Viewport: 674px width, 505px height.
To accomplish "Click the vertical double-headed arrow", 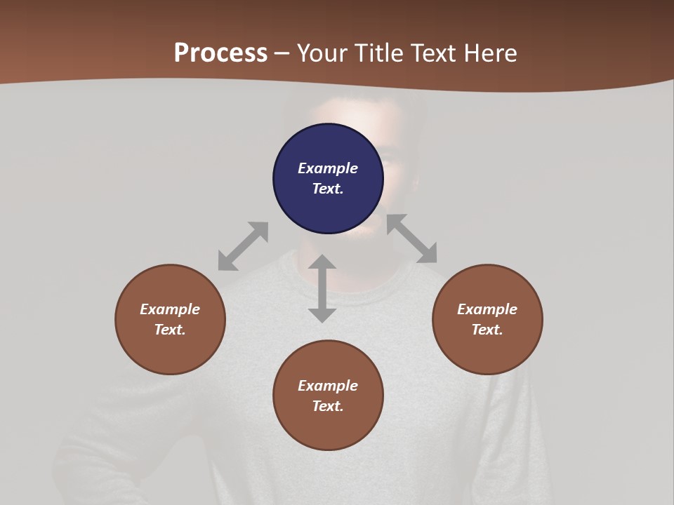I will click(x=322, y=288).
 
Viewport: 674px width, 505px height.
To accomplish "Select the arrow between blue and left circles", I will click(x=243, y=246).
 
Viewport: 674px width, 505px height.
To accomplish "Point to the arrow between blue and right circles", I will click(x=411, y=238).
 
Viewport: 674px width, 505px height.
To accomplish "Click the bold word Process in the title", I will click(x=220, y=53).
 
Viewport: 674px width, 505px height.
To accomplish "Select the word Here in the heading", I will click(x=491, y=53).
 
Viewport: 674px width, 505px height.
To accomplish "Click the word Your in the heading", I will click(x=322, y=53).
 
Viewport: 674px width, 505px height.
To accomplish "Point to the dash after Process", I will click(x=282, y=54).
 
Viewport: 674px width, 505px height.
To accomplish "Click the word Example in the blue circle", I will click(x=328, y=168).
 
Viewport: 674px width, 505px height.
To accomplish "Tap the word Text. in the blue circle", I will click(x=328, y=189).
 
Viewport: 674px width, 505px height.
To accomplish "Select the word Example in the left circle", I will click(x=170, y=309).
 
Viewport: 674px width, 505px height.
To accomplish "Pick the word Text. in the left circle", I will click(x=170, y=330).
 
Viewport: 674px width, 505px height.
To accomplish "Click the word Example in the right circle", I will click(x=487, y=309).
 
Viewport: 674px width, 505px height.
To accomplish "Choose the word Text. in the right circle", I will click(x=487, y=330).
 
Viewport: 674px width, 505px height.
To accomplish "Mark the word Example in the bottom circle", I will click(x=328, y=386).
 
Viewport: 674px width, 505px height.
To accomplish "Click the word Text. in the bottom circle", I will click(x=328, y=406).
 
